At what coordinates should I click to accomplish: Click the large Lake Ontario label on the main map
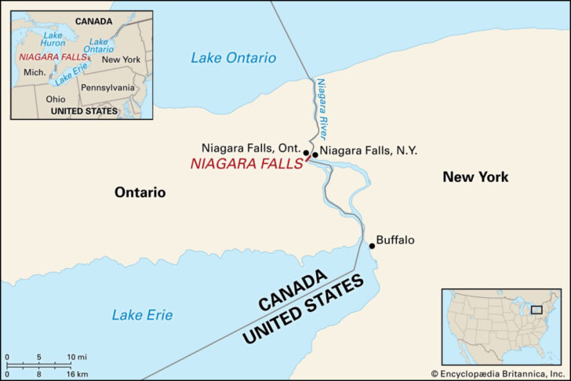[234, 58]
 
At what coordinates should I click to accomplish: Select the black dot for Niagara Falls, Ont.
[306, 154]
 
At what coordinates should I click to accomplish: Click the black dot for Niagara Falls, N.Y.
[315, 154]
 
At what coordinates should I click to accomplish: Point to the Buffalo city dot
[372, 246]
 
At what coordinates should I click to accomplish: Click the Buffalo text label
[395, 241]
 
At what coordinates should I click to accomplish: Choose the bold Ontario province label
[140, 192]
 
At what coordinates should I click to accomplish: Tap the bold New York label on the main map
[475, 177]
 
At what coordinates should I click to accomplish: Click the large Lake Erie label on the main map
[142, 315]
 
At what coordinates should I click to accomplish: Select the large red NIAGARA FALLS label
[246, 165]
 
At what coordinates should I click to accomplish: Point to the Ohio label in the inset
[56, 100]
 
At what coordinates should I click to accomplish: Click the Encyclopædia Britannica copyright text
[497, 374]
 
